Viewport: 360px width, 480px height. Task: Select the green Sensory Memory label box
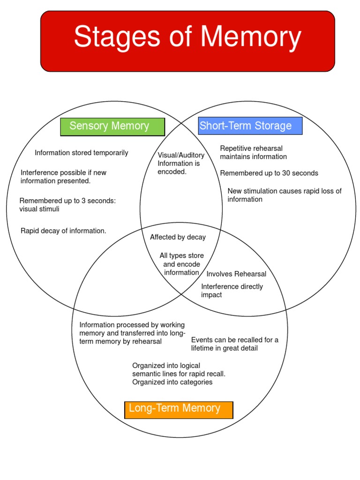(112, 127)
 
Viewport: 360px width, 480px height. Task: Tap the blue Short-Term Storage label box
(250, 126)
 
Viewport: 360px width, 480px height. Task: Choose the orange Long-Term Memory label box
(178, 409)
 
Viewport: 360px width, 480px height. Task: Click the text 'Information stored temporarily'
(81, 153)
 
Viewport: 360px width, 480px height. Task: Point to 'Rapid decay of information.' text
(63, 231)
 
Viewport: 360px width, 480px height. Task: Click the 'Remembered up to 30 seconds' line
(269, 173)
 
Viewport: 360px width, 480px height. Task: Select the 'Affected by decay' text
(178, 237)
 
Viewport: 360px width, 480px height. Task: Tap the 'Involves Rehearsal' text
(236, 274)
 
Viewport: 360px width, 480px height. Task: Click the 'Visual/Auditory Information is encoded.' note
(180, 163)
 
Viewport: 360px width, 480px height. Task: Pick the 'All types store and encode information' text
(182, 264)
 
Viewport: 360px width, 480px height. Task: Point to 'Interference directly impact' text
(232, 291)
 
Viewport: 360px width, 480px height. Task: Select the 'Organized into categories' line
(172, 382)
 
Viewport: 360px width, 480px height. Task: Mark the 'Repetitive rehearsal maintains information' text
(253, 152)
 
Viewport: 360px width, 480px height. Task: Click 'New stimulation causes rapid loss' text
(285, 191)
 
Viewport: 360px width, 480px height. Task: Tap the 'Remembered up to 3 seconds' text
(67, 201)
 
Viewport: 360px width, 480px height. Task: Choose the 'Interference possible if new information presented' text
(63, 176)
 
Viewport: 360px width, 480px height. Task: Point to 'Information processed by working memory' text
(132, 325)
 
